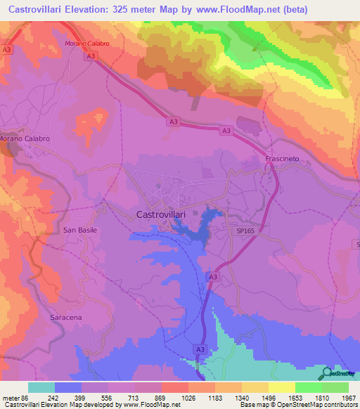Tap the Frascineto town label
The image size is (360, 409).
(282, 159)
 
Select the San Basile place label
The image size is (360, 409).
(79, 230)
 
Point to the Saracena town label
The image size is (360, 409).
(67, 318)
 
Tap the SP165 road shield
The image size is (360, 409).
(245, 230)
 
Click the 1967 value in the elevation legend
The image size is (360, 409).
(347, 397)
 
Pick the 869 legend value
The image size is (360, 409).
(148, 397)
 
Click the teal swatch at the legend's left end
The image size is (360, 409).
(41, 387)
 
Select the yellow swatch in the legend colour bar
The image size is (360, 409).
(281, 387)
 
